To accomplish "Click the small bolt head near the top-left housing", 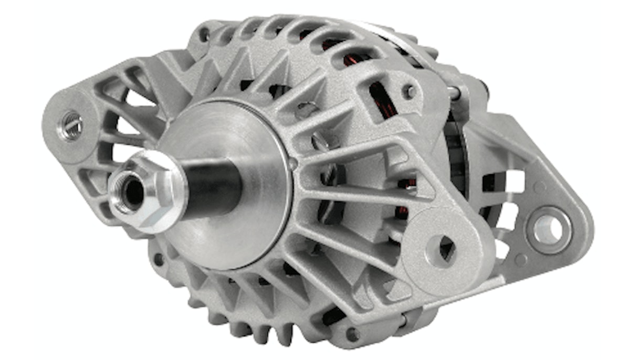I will click(204, 35).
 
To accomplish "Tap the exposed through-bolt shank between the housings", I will click(453, 93).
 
